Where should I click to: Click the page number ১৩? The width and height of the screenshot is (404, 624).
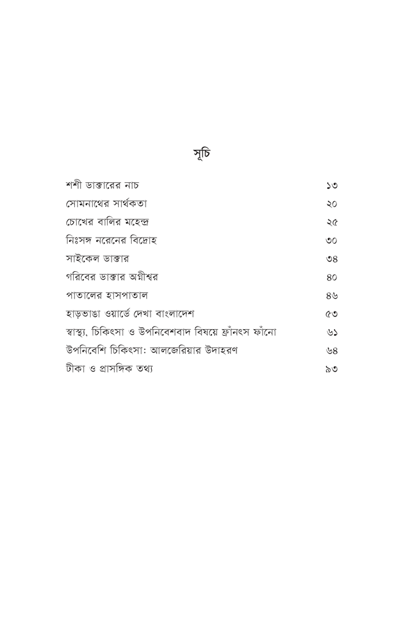(331, 185)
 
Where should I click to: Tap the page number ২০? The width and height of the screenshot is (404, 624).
(331, 204)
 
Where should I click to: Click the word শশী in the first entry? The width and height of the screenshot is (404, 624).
(76, 184)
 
